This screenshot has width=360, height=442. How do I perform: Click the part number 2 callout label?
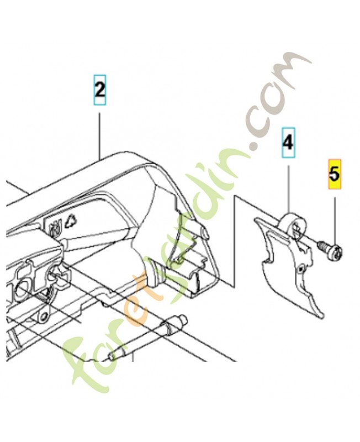[100, 90]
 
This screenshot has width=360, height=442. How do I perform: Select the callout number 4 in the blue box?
[288, 143]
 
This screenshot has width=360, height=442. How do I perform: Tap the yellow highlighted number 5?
[335, 174]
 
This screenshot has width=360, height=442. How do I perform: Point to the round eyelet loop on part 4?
[293, 224]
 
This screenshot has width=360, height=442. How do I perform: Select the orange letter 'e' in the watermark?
[140, 296]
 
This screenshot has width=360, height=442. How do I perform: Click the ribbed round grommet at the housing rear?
[155, 274]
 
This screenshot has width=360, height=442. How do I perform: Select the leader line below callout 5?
[335, 220]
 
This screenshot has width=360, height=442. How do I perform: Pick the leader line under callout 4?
[289, 189]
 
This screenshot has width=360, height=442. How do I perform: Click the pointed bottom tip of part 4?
[322, 317]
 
